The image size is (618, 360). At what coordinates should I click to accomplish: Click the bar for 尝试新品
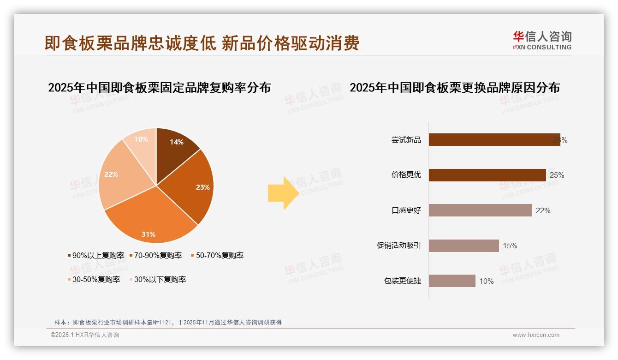tap(493, 140)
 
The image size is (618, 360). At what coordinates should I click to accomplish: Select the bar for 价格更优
tap(487, 175)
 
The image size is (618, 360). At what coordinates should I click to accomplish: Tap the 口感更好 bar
tap(480, 210)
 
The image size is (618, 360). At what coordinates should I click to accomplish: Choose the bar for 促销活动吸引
tap(463, 246)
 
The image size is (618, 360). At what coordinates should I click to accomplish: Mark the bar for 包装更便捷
tap(452, 281)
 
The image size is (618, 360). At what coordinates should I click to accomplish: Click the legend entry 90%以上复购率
tap(95, 255)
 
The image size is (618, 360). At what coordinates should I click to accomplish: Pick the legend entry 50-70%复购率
tap(217, 255)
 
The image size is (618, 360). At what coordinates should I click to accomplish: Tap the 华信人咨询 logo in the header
tap(542, 40)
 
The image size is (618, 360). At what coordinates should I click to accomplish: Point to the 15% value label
tap(510, 246)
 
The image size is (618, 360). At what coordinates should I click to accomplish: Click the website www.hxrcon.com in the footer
tap(536, 335)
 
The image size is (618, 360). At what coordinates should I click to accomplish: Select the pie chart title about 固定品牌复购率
tap(159, 87)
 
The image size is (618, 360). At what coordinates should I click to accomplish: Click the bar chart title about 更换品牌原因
tap(454, 87)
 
